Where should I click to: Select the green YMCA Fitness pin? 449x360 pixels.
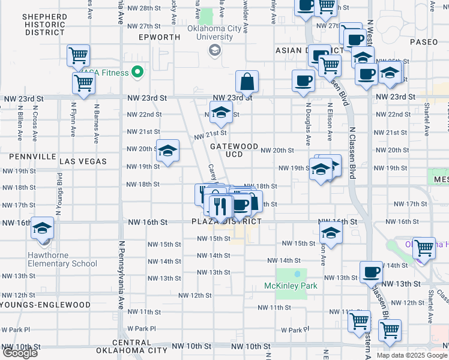click(x=137, y=73)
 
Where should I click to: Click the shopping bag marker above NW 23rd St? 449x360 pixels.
click(x=247, y=81)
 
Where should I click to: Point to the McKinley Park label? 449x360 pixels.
click(x=291, y=286)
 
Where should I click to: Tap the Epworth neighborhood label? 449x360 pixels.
click(x=158, y=37)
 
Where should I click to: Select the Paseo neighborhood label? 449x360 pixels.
click(x=425, y=42)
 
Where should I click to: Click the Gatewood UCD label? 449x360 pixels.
click(x=234, y=150)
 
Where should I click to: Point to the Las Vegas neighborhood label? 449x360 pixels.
click(x=83, y=161)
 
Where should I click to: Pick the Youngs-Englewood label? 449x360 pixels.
click(x=46, y=305)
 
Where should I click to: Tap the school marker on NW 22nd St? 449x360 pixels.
click(x=220, y=112)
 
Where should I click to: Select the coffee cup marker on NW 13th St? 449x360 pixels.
click(x=370, y=271)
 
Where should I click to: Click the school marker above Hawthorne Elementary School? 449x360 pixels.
click(x=42, y=228)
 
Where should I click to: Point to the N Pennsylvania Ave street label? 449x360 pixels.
click(x=121, y=275)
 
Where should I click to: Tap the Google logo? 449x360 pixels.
click(x=19, y=353)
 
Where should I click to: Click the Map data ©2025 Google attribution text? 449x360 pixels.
click(x=411, y=355)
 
